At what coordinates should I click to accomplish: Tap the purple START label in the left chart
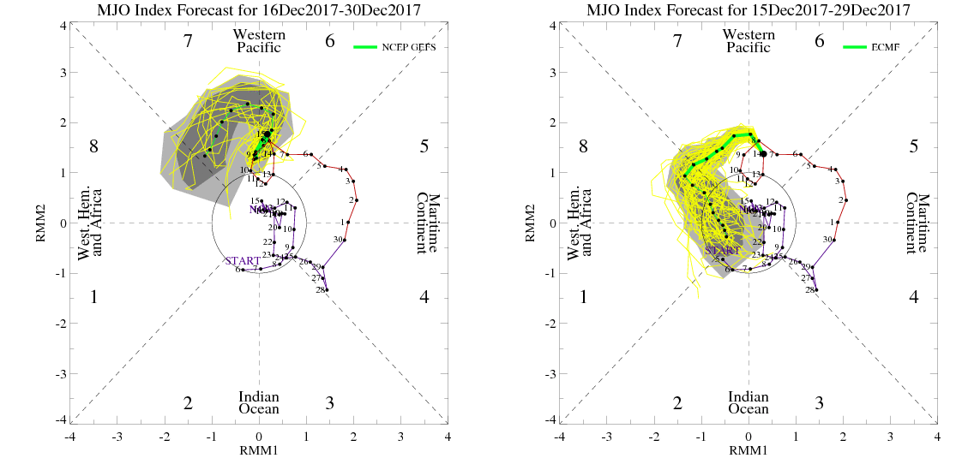click(243, 260)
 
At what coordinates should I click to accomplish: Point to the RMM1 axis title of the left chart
click(259, 450)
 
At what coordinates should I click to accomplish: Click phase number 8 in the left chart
click(94, 146)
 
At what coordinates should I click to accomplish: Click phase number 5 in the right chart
click(914, 146)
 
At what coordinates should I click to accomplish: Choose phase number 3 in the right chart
click(820, 402)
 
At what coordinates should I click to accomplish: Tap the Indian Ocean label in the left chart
click(258, 403)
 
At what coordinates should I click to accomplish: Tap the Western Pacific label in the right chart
click(749, 41)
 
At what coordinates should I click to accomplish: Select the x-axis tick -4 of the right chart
click(559, 436)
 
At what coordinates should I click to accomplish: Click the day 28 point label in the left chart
click(319, 291)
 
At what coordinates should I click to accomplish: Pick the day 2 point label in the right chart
click(841, 200)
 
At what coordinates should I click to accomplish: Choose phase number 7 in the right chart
click(677, 41)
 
